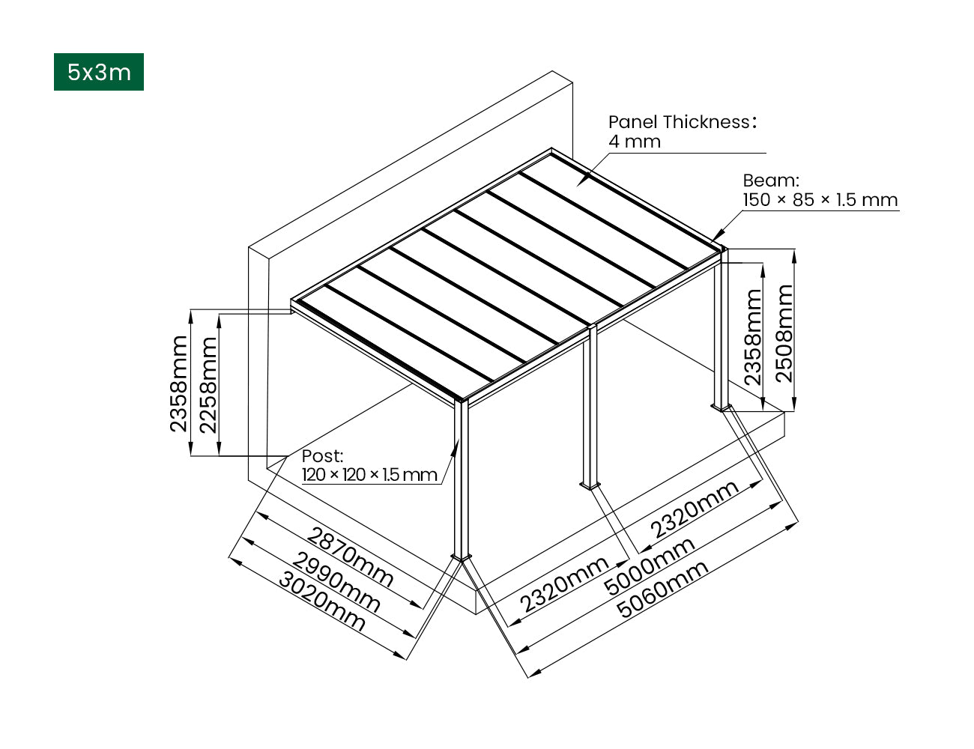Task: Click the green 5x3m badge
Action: click(x=98, y=72)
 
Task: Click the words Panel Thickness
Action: click(x=678, y=122)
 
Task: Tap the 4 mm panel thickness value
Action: click(x=635, y=142)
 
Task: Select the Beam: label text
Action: click(x=770, y=181)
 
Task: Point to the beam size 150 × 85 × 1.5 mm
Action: click(x=820, y=200)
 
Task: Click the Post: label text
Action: click(x=322, y=455)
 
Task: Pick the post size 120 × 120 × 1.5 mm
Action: click(x=369, y=475)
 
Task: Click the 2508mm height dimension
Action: click(x=784, y=333)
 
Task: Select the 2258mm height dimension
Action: click(x=208, y=385)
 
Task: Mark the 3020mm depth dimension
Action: click(x=322, y=601)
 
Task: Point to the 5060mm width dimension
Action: click(x=663, y=589)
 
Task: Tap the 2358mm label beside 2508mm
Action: click(x=753, y=337)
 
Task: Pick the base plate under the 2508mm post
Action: click(x=722, y=408)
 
